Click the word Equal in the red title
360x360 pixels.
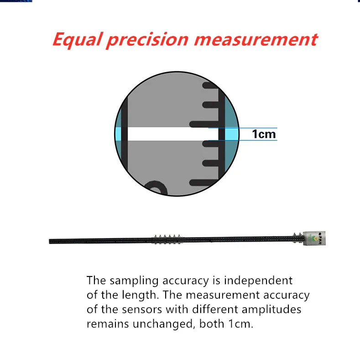pos(76,40)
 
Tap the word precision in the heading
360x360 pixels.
pos(146,40)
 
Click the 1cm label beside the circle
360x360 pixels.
pos(264,134)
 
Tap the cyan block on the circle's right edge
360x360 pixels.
pos(233,134)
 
